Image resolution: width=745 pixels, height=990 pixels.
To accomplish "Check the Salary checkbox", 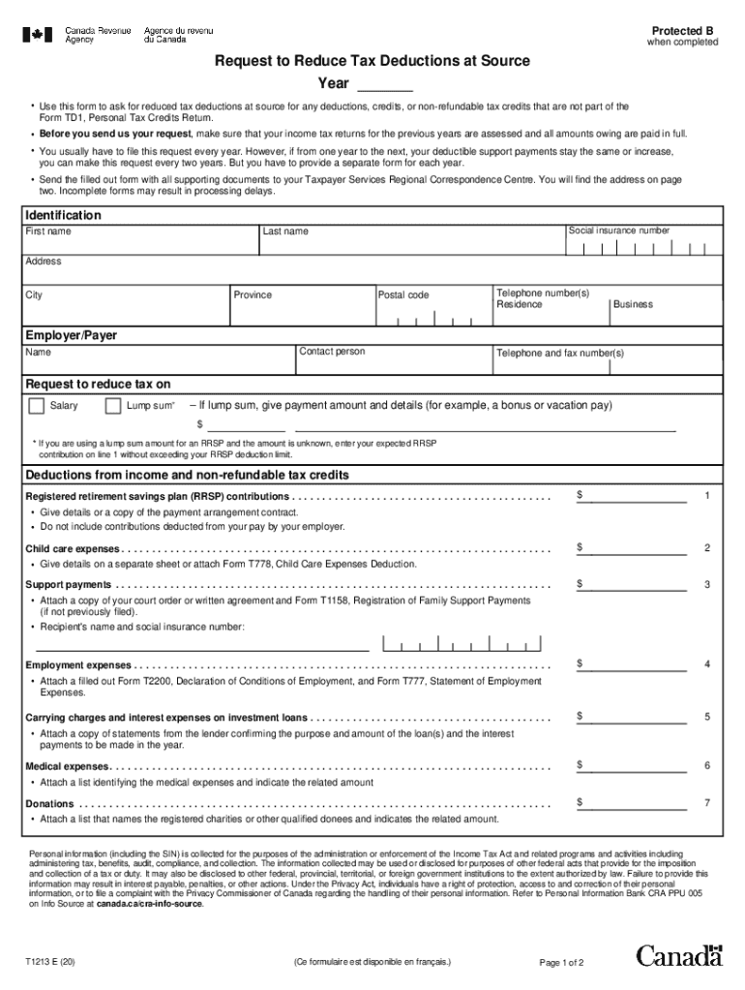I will pyautogui.click(x=37, y=405).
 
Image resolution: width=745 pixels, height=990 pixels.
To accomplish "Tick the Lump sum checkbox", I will pyautogui.click(x=112, y=405).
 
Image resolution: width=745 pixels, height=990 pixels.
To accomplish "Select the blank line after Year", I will pyautogui.click(x=385, y=84).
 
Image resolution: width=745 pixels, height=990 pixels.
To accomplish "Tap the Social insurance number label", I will pyautogui.click(x=618, y=231).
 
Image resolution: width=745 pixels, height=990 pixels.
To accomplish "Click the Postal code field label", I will pyautogui.click(x=403, y=295).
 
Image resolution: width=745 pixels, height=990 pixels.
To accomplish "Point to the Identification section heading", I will pyautogui.click(x=63, y=215).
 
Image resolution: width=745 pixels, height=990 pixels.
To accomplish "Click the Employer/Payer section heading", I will pyautogui.click(x=71, y=335).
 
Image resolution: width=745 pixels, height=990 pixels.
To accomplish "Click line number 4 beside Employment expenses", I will pyautogui.click(x=707, y=664).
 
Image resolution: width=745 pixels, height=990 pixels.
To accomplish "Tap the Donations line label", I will pyautogui.click(x=49, y=803).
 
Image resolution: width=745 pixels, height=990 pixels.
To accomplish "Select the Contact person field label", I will pyautogui.click(x=333, y=352).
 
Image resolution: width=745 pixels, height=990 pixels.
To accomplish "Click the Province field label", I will pyautogui.click(x=253, y=295).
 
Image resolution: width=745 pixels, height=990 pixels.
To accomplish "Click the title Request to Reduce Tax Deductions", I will pyautogui.click(x=372, y=61).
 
